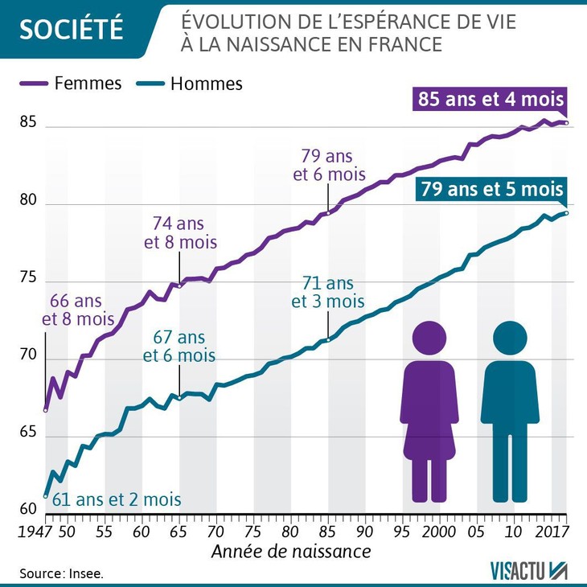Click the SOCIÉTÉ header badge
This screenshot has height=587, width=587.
click(70, 29)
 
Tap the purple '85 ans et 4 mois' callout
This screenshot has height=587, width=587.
click(491, 101)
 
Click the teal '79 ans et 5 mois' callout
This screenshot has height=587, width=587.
click(491, 191)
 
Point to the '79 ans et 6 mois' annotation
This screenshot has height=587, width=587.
click(333, 165)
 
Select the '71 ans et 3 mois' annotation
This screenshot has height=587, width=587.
click(327, 293)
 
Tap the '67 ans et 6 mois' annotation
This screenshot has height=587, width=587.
click(180, 347)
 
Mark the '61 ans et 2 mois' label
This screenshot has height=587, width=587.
click(117, 499)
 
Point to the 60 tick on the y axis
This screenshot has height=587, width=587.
click(29, 508)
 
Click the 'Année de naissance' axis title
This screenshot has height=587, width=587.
click(291, 552)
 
